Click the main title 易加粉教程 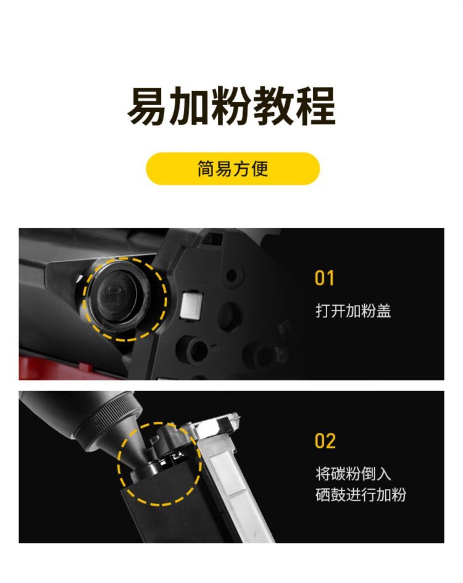pyautogui.click(x=231, y=106)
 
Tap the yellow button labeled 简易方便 pyautogui.click(x=233, y=169)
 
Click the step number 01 pyautogui.click(x=324, y=278)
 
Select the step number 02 pyautogui.click(x=325, y=441)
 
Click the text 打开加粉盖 pyautogui.click(x=353, y=311)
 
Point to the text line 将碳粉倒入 pyautogui.click(x=353, y=474)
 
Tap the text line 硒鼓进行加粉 pyautogui.click(x=361, y=495)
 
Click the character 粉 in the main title pyautogui.click(x=231, y=106)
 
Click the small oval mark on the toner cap pyautogui.click(x=114, y=288)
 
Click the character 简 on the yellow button pyautogui.click(x=206, y=169)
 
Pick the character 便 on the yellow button pyautogui.click(x=260, y=169)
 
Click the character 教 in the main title pyautogui.click(x=274, y=106)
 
